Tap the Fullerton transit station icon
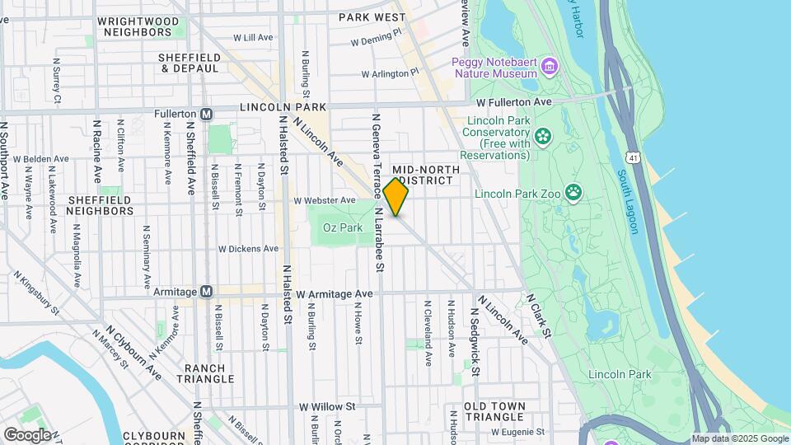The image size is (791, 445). click(x=207, y=114)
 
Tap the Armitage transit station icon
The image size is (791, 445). click(x=207, y=291)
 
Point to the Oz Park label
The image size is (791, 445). click(x=343, y=227)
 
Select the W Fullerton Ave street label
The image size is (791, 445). click(x=514, y=101)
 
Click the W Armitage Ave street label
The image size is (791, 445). click(x=335, y=293)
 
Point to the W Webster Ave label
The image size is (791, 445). click(x=325, y=200)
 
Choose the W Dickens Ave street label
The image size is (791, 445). click(x=248, y=248)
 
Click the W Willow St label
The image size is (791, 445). click(x=326, y=406)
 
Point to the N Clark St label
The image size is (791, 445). click(x=538, y=315)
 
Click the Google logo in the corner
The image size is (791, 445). click(x=27, y=434)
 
